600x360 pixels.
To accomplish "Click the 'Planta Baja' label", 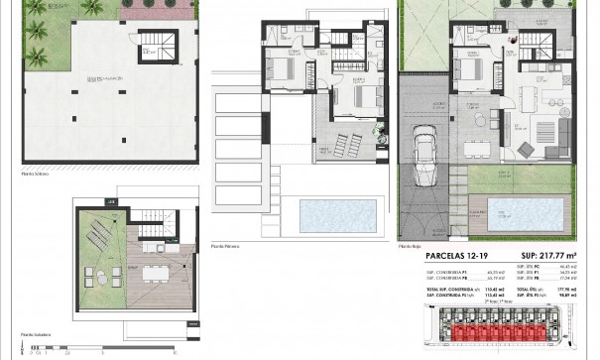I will tap(409, 245).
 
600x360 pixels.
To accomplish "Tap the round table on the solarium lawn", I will tap(91, 275).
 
